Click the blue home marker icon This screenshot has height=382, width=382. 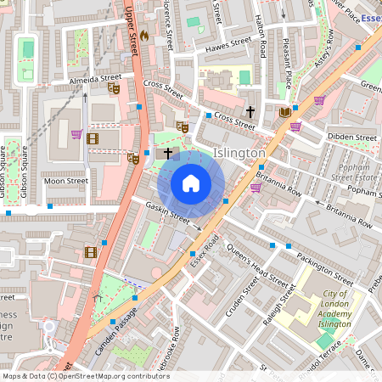(191, 183)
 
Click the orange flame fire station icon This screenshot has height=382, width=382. (143, 36)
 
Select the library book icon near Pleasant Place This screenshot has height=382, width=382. (284, 112)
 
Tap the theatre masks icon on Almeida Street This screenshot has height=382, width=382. (115, 87)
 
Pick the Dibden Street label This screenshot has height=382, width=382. (351, 137)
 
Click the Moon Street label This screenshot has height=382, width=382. (65, 181)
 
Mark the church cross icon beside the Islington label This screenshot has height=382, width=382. (168, 153)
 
